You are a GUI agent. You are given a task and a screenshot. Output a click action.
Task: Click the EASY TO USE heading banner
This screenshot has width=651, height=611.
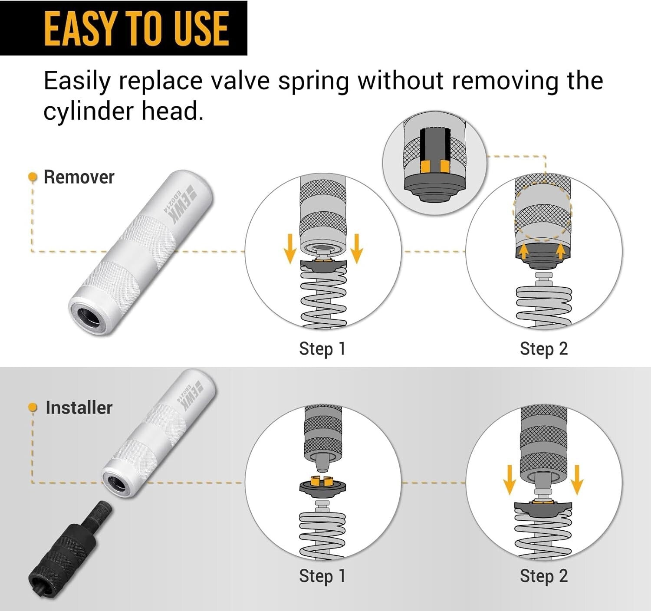tap(124, 28)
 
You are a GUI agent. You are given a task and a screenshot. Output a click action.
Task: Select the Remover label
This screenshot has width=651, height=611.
tap(79, 177)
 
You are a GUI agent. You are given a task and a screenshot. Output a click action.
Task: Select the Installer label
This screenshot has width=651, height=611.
tap(79, 407)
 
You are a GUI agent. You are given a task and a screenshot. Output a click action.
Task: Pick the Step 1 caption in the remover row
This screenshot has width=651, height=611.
tap(322, 348)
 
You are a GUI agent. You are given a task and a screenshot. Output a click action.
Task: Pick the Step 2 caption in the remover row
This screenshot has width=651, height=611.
tap(543, 348)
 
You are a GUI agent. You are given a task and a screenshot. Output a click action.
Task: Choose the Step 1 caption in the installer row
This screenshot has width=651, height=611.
tap(322, 576)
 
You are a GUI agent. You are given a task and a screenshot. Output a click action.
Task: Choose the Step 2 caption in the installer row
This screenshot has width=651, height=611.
tap(543, 576)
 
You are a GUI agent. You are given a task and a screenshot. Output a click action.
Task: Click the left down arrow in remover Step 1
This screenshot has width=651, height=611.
tap(290, 249)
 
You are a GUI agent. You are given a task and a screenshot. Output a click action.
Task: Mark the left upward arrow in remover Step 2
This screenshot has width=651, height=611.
tap(524, 251)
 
